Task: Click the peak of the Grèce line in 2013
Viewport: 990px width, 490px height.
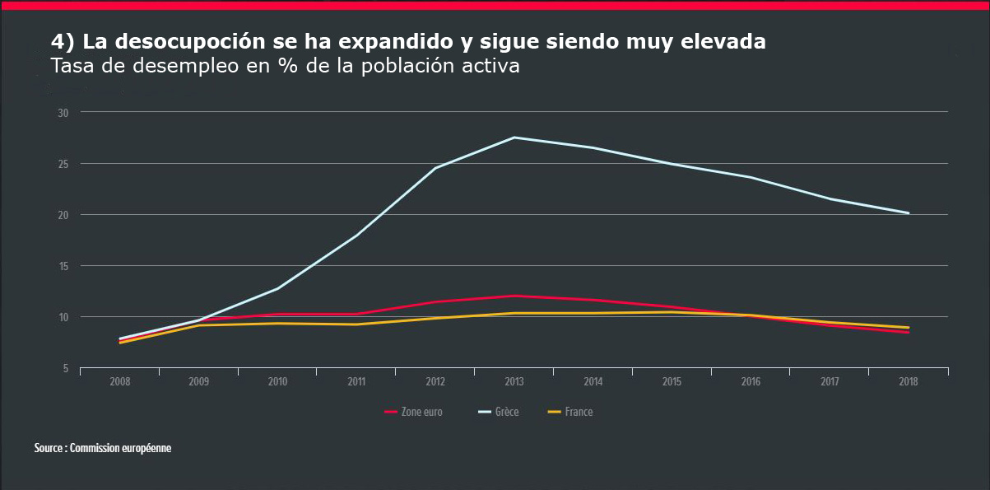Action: tap(514, 138)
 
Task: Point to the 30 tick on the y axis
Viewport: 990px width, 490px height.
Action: tap(63, 112)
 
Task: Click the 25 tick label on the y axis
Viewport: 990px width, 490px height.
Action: tap(63, 164)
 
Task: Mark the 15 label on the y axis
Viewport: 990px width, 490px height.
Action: tap(63, 266)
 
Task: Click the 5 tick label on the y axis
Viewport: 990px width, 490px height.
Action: tap(66, 368)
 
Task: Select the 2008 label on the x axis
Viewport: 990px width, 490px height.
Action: tap(119, 382)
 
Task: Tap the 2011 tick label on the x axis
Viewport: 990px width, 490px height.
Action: tap(356, 382)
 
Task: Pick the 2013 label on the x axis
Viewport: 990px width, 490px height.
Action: tap(514, 382)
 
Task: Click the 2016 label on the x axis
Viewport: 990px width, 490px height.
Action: tap(751, 382)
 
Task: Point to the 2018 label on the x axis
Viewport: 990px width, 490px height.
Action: tap(909, 382)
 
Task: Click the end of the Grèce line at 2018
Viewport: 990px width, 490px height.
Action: tap(909, 213)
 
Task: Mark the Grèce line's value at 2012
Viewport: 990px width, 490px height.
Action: tap(435, 168)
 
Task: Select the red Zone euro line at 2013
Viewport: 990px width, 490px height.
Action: tap(514, 296)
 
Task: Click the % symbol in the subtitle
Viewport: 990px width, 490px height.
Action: tap(287, 66)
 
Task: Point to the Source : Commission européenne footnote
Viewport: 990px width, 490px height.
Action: tap(103, 448)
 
